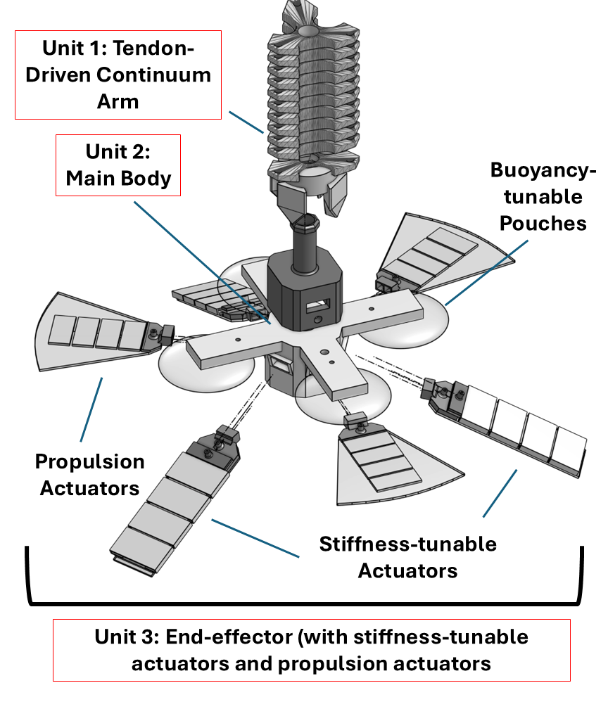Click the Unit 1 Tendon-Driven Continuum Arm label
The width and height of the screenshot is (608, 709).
coord(118,75)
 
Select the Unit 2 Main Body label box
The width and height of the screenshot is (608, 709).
coord(118,165)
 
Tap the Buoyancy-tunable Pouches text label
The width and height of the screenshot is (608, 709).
coord(537,197)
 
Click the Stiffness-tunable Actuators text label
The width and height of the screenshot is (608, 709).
coord(407,556)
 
